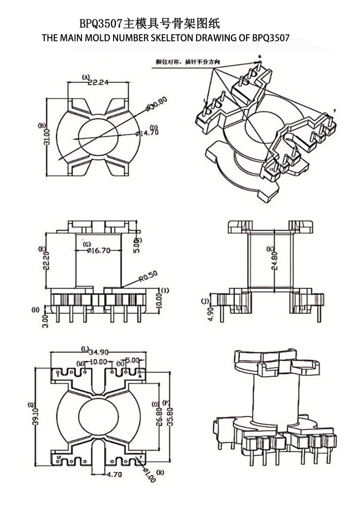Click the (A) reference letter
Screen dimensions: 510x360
tap(86, 76)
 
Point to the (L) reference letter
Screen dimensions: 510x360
tap(84, 349)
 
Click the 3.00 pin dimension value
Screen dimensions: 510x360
tap(47, 321)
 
